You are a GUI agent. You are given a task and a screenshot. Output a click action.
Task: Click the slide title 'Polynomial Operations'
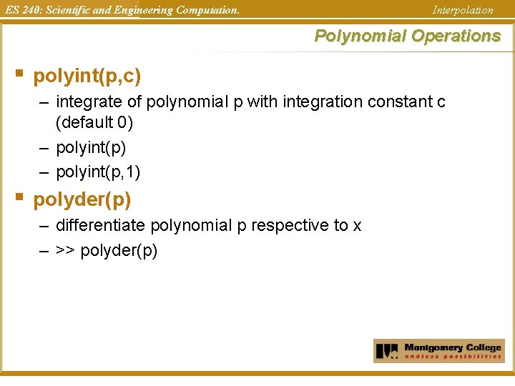coord(408,36)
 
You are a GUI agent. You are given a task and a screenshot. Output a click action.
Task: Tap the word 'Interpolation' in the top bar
coord(463,10)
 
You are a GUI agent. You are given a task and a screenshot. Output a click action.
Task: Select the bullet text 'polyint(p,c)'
coord(87,75)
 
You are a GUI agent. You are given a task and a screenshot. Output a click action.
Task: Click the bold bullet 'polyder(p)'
coord(82,199)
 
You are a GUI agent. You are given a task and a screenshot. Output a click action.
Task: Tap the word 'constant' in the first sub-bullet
coord(400,102)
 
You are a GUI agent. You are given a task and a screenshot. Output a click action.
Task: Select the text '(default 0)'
coord(94,122)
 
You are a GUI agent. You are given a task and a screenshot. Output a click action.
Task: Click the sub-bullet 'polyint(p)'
coord(91,147)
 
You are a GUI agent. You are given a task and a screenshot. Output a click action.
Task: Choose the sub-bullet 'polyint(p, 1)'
coord(98,172)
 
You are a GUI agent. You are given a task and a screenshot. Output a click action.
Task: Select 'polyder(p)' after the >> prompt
coord(119,251)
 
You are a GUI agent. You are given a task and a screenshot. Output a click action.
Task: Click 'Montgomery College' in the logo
coord(453,347)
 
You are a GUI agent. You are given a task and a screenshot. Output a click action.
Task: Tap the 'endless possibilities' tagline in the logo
coord(453,356)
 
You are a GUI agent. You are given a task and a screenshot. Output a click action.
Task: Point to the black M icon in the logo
coord(387,351)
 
